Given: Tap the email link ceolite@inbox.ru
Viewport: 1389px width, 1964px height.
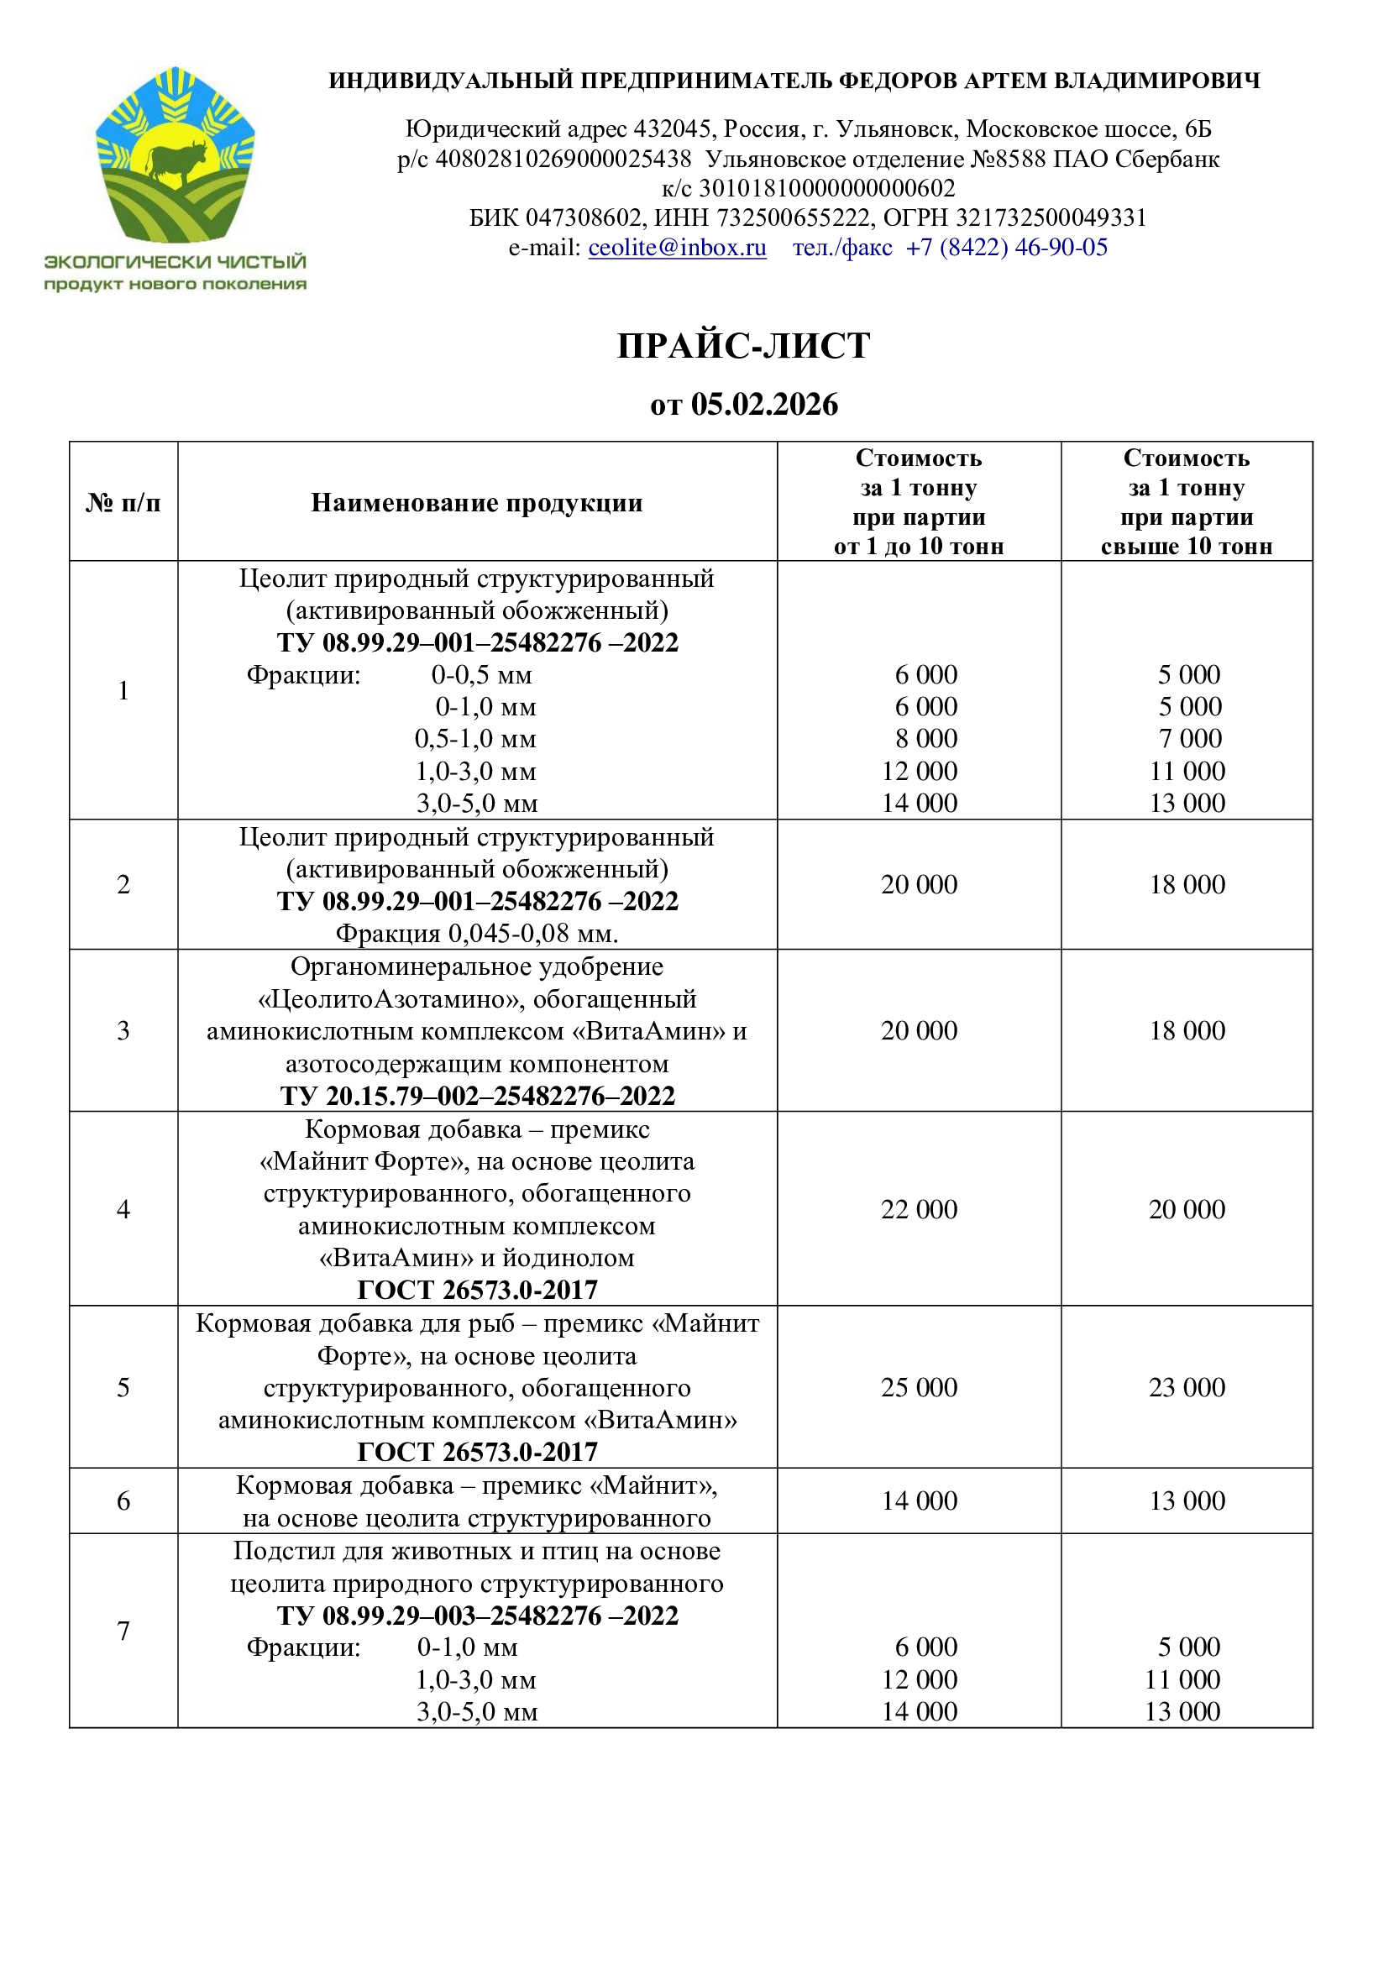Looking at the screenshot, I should [x=677, y=248].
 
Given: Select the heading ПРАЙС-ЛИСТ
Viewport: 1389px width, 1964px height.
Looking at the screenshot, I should [x=743, y=346].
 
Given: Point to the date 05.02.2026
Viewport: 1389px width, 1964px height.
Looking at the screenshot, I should [x=763, y=405].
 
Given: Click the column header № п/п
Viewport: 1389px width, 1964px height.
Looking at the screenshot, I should [x=123, y=503].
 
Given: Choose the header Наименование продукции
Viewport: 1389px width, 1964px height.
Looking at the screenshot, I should [x=476, y=503].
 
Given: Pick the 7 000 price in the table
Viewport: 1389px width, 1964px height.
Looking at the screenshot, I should [x=1190, y=739].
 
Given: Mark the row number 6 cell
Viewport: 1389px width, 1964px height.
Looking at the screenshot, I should [x=123, y=1501].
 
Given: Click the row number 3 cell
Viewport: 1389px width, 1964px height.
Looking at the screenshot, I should [x=123, y=1031].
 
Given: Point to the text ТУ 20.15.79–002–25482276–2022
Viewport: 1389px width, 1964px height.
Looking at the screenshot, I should [x=477, y=1097].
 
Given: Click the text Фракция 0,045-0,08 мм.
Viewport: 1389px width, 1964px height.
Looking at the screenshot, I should [x=476, y=933].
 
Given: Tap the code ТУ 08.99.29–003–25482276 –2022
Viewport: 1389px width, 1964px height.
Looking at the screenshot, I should [x=477, y=1616].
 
